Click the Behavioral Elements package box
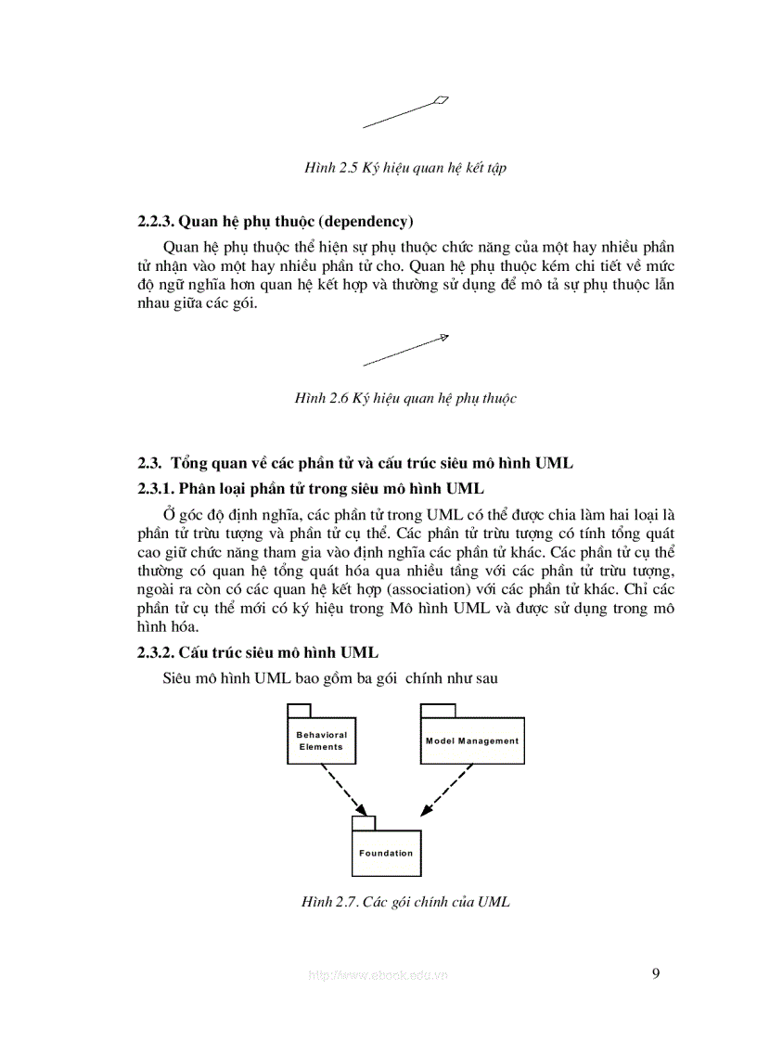pos(321,740)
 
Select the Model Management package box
pos(472,740)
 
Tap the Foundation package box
pos(386,853)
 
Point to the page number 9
pos(656,973)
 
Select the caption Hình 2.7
pos(405,901)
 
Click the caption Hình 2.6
pos(405,398)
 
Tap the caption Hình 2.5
pos(405,168)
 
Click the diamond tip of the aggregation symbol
pos(442,100)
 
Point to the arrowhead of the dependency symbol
pos(444,338)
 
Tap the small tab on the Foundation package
pos(363,823)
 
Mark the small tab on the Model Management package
pos(438,711)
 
